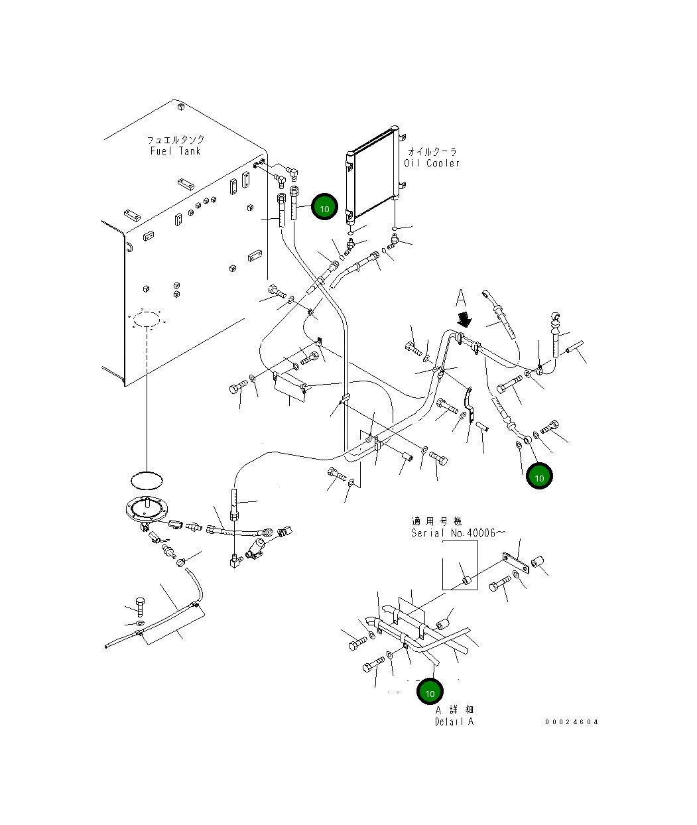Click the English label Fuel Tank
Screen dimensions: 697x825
coord(176,151)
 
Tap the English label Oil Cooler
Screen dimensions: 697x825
coord(432,162)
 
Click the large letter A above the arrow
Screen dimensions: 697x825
coord(461,298)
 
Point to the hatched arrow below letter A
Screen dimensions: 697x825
coord(465,319)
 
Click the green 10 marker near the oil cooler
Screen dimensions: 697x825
coord(324,207)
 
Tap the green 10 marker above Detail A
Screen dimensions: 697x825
coord(430,692)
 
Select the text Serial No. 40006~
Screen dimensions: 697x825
coord(458,533)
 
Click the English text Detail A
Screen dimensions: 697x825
coord(454,721)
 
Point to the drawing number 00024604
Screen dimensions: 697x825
coord(572,722)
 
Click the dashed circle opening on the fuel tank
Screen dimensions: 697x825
coord(147,319)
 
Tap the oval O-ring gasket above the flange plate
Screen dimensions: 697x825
coord(147,480)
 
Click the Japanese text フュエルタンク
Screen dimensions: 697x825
coord(176,140)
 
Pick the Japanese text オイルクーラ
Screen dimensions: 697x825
coord(432,151)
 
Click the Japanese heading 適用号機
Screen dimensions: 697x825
coord(436,521)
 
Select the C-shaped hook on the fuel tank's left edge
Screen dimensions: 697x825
coord(129,247)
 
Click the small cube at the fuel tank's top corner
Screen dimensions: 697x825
coord(180,106)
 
